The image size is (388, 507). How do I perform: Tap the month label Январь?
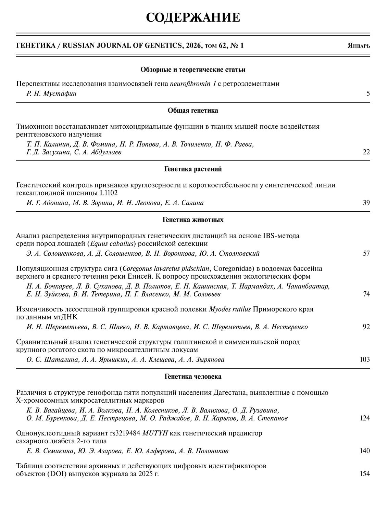359,46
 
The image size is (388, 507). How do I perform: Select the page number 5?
368,93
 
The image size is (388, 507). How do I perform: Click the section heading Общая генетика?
193,111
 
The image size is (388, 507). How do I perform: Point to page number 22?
366,152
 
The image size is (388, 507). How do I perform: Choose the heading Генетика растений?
193,169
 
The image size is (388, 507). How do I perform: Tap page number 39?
366,203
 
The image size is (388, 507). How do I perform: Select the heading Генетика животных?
193,220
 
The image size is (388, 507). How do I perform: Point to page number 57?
366,254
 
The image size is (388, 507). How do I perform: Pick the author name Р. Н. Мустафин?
51,93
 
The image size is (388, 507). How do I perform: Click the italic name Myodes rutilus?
230,309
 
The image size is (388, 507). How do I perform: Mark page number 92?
366,327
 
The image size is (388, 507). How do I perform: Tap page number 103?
365,359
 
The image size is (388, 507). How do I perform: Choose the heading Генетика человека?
193,377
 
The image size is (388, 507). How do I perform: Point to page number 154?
365,474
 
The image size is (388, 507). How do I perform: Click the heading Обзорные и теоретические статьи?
193,70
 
